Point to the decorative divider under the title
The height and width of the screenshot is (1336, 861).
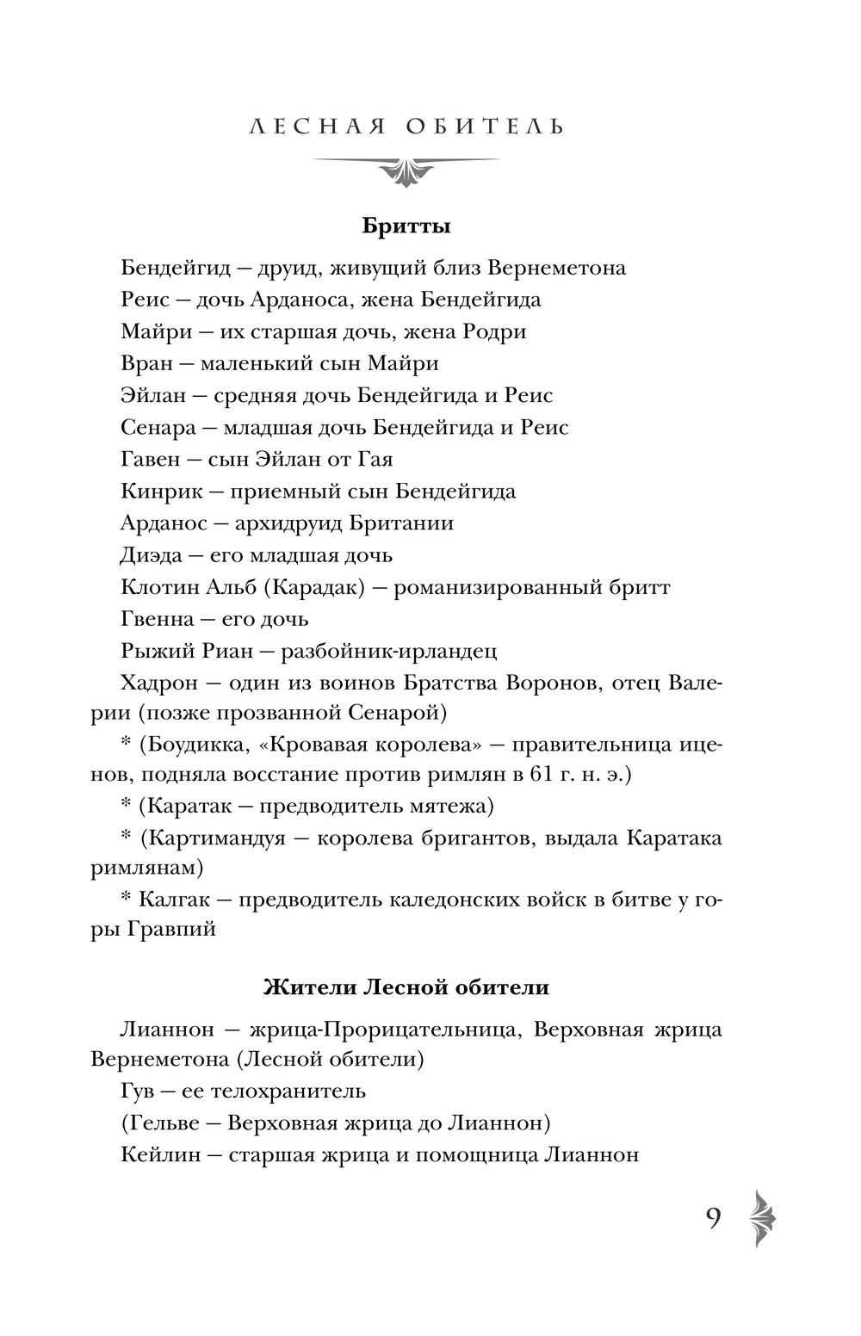406,167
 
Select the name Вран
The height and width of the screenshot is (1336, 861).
145,363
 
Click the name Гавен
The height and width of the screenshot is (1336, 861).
150,460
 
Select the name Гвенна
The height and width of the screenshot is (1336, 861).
157,619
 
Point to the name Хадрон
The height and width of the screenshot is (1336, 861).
158,683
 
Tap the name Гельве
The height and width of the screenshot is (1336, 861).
159,1123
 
